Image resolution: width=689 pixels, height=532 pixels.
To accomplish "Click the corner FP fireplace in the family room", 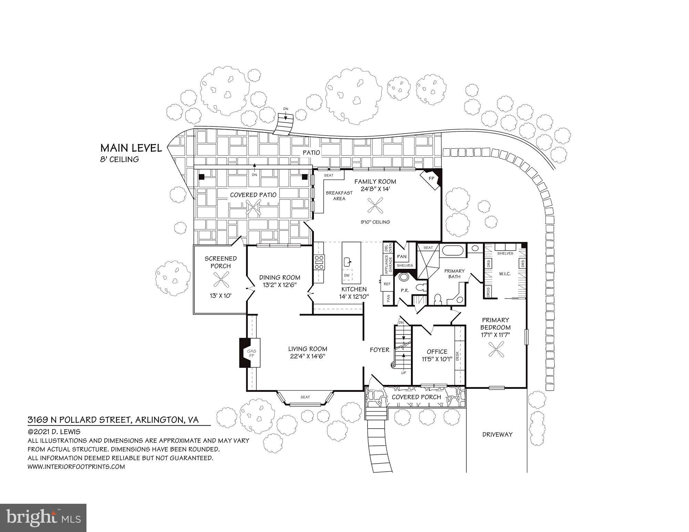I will pyautogui.click(x=431, y=179).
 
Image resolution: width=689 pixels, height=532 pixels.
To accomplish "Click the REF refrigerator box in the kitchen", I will pyautogui.click(x=387, y=284).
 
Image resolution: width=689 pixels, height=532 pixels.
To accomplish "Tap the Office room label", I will pyautogui.click(x=437, y=352).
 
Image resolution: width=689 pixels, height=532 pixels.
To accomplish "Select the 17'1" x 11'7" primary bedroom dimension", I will pyautogui.click(x=495, y=334).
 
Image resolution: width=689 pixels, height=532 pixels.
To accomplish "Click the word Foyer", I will pyautogui.click(x=380, y=350).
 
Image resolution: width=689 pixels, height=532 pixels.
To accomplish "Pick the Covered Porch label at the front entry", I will pyautogui.click(x=416, y=397).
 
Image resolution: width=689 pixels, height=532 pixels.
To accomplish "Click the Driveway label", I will pyautogui.click(x=497, y=435).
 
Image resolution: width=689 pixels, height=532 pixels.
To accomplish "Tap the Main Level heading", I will pyautogui.click(x=131, y=148).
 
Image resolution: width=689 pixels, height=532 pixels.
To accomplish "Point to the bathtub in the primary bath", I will pyautogui.click(x=453, y=250).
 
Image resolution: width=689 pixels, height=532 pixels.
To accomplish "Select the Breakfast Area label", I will pyautogui.click(x=339, y=196).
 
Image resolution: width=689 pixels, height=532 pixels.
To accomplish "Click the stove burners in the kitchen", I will pyautogui.click(x=319, y=262).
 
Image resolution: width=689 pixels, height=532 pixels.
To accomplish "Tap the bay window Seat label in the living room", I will pyautogui.click(x=305, y=397).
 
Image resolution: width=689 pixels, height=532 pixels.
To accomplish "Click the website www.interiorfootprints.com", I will pyautogui.click(x=76, y=467).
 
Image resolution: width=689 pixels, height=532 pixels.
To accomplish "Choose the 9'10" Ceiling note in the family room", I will pyautogui.click(x=375, y=222).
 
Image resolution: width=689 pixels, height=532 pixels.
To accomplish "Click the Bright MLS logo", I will pyautogui.click(x=43, y=518).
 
